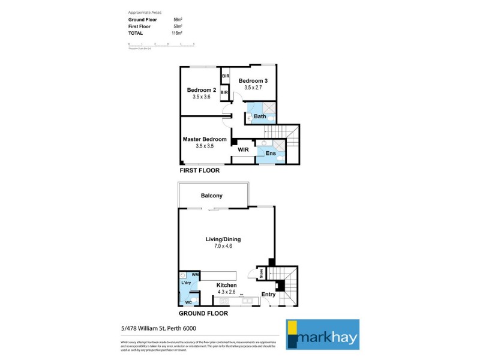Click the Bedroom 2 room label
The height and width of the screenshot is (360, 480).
201,90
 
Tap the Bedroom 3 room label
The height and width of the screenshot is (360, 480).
253,81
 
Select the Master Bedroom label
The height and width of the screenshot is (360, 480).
205,139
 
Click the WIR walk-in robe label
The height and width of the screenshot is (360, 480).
244,149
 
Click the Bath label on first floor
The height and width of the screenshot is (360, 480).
260,116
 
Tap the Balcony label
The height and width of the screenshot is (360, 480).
212,196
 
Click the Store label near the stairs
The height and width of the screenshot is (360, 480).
262,274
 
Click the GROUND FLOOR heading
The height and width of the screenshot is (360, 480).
203,313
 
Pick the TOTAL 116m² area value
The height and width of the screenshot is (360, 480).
178,33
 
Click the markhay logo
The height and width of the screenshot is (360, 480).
322,334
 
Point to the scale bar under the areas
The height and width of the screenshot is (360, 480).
162,44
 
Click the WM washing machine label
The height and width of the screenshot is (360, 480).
195,274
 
